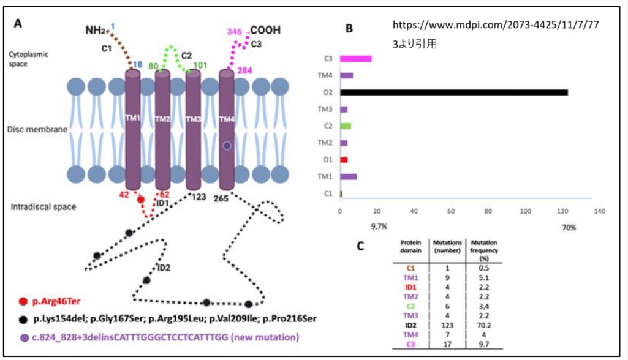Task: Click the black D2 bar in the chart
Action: (x=454, y=92)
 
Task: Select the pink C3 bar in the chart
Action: (x=356, y=59)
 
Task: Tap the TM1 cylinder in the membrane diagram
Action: (x=133, y=129)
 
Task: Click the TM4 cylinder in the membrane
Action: (x=226, y=129)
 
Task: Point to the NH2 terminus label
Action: (x=96, y=29)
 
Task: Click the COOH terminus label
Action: (x=266, y=29)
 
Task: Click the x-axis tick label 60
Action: (x=451, y=211)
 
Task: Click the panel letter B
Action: (x=349, y=29)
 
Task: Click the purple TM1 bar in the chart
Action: (x=349, y=176)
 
